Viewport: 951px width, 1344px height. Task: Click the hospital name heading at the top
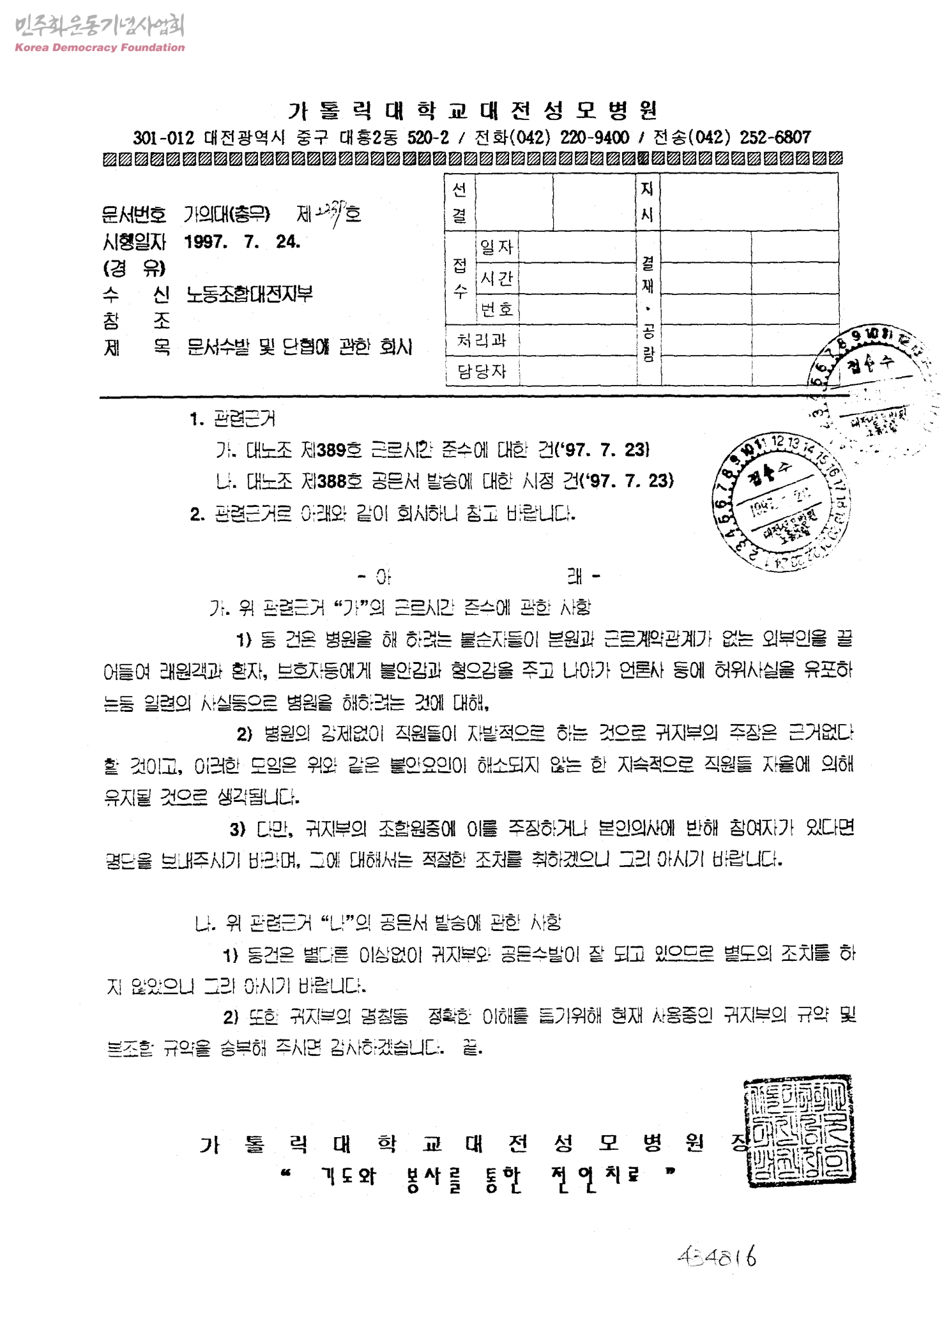tap(472, 111)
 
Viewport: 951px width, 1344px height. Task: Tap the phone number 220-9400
tap(595, 137)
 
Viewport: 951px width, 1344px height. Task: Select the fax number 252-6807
tap(775, 137)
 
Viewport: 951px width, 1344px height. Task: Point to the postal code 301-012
tap(163, 138)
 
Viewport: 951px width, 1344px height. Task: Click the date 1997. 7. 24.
tap(242, 242)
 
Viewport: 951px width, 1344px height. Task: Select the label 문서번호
tap(133, 214)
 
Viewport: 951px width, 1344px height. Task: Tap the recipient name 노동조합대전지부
tap(249, 294)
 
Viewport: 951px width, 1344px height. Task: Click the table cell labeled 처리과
tap(482, 340)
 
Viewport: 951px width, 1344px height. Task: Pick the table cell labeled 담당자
tap(482, 371)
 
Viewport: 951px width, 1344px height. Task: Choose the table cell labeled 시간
tap(497, 278)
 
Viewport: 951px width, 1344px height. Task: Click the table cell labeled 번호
tap(497, 310)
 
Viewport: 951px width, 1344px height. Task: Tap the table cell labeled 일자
tap(497, 247)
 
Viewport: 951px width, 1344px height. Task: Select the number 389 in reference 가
tap(331, 450)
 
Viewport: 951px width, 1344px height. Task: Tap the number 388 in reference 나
tap(331, 481)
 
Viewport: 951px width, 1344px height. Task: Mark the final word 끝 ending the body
tap(472, 1047)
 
